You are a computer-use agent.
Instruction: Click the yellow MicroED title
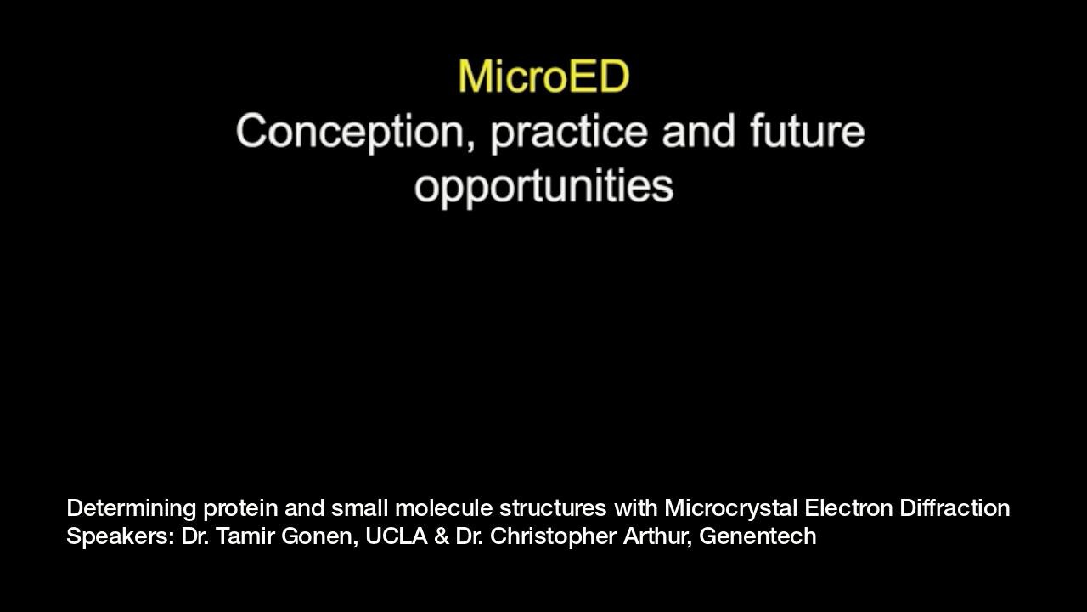(544, 76)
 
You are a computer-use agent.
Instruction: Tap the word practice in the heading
(569, 133)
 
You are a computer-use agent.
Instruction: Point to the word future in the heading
(808, 130)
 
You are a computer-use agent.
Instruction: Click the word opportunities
(544, 188)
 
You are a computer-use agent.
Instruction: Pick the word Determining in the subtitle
(131, 509)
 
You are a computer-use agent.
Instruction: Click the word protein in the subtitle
(240, 509)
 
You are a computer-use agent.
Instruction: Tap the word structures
(553, 508)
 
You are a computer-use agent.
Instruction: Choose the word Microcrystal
(731, 509)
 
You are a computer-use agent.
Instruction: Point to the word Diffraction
(955, 508)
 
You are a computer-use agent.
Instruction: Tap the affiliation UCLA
(396, 536)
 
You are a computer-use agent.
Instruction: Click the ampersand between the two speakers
(441, 536)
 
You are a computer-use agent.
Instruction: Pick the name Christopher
(553, 537)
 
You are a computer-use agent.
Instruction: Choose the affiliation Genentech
(758, 536)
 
